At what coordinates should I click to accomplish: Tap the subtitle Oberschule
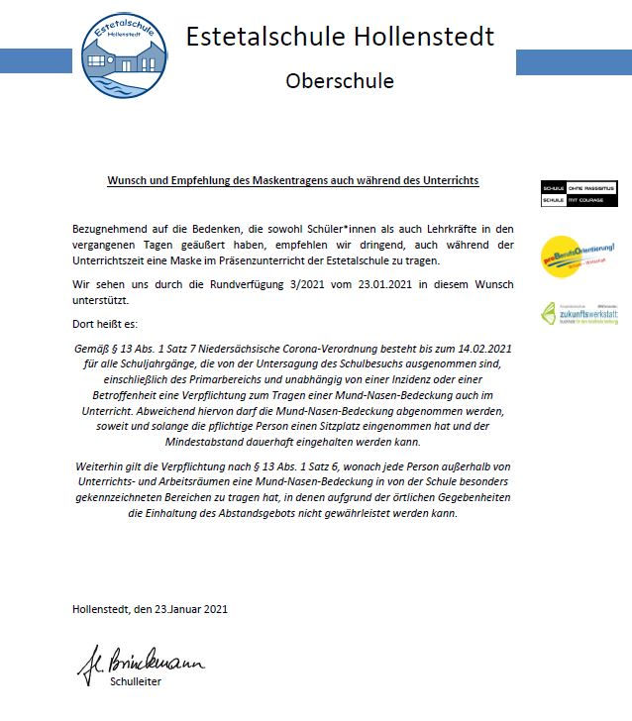point(340,80)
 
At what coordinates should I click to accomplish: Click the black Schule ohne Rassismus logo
point(579,193)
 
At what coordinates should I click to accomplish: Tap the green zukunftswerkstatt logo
point(579,314)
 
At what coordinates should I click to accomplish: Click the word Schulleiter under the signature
point(134,681)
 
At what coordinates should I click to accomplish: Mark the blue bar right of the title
point(574,61)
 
